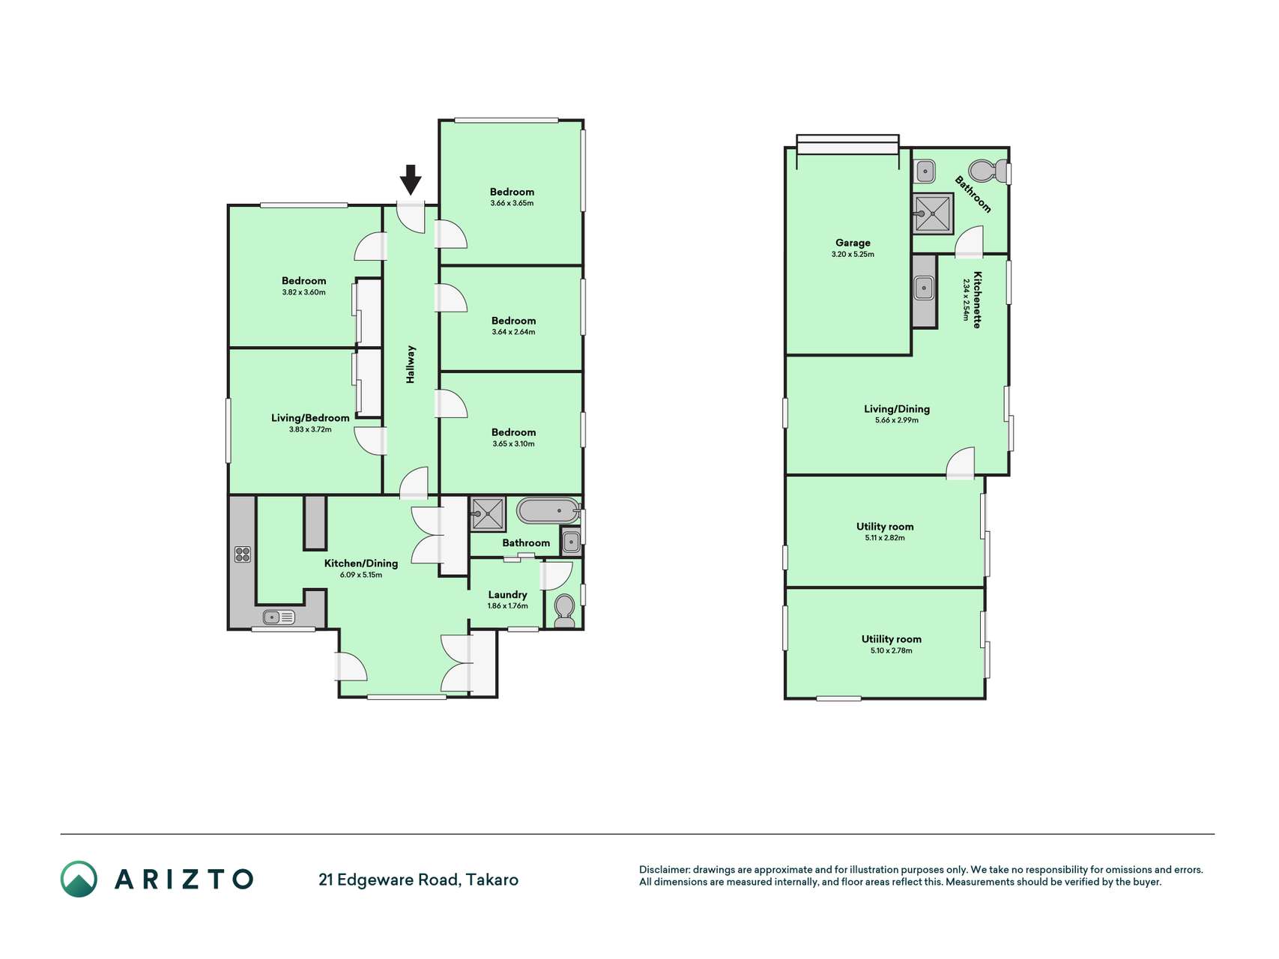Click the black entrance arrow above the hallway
[410, 180]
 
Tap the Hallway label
[411, 364]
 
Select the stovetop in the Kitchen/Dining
[243, 554]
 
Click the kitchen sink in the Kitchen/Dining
[280, 617]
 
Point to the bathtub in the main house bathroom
[548, 511]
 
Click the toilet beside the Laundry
[564, 611]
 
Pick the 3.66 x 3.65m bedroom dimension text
[512, 203]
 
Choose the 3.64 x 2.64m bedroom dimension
[513, 332]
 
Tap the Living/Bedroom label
[310, 418]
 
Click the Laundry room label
[507, 595]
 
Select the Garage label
[853, 243]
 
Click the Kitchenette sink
[924, 287]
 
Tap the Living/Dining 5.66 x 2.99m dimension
[897, 420]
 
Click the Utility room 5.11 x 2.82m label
[885, 532]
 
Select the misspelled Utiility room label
[891, 639]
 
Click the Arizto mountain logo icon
[79, 879]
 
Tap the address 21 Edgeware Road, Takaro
[418, 880]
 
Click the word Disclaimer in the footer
[664, 870]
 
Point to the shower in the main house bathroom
[487, 514]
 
